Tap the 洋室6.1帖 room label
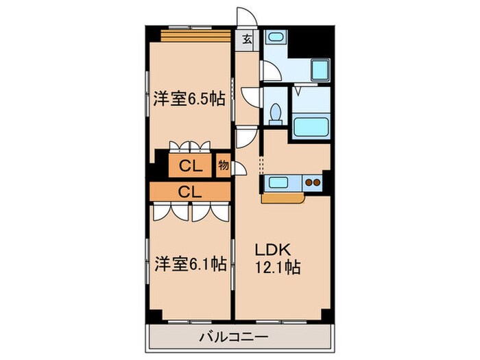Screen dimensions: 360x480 (189, 263)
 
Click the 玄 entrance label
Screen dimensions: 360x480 (247, 39)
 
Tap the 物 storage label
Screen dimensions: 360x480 (223, 165)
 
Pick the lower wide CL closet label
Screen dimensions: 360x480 (189, 192)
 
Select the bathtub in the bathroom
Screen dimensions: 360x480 (312, 128)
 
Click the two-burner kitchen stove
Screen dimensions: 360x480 (313, 183)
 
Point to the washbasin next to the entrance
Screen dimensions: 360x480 (278, 38)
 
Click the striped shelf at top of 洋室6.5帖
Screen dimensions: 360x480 (189, 35)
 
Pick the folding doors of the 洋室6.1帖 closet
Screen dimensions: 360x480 (189, 211)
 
